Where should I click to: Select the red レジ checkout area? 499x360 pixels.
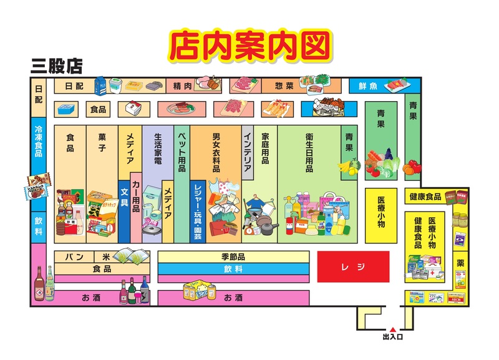pyautogui.click(x=353, y=267)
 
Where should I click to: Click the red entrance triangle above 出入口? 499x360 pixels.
pyautogui.click(x=393, y=329)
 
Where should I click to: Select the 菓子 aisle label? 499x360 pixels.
pyautogui.click(x=102, y=142)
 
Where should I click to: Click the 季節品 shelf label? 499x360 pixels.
pyautogui.click(x=233, y=256)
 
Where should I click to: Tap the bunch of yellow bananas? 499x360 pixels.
pyautogui.click(x=348, y=166)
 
